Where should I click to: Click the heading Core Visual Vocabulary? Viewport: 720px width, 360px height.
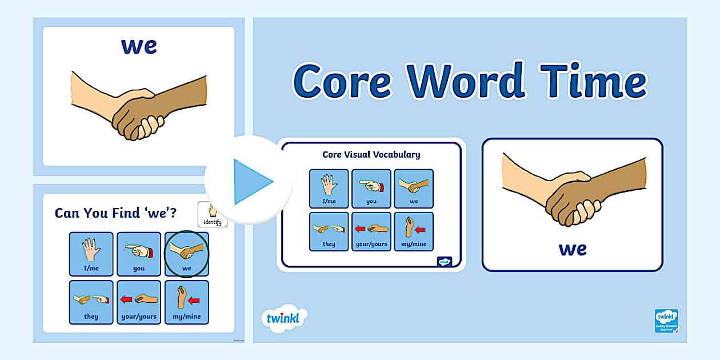[371, 154]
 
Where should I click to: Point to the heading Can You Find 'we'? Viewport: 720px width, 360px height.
[115, 213]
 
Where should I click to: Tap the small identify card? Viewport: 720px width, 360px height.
[212, 215]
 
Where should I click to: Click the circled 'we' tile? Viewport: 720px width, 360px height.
[187, 254]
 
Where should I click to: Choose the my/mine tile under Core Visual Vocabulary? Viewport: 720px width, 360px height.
[414, 231]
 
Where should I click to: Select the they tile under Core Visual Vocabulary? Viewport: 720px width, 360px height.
[329, 231]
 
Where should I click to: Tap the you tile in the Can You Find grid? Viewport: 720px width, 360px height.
[139, 254]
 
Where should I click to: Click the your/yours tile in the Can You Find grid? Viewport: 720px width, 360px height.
[139, 302]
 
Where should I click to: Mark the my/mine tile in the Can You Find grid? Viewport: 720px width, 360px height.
[187, 302]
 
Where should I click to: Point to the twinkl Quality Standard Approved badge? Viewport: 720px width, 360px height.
[666, 321]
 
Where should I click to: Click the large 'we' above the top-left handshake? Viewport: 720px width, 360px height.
[139, 46]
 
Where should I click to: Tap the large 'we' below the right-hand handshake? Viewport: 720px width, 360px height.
[573, 249]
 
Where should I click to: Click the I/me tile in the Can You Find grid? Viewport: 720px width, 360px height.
[91, 254]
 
